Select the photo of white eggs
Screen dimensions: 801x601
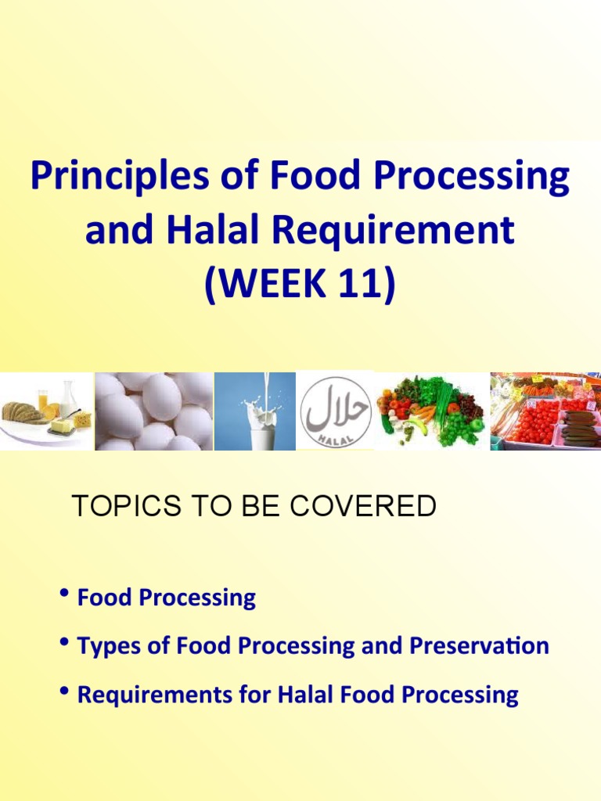tap(153, 411)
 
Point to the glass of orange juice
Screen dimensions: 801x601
tap(42, 402)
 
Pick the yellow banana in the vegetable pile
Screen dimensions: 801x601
tap(417, 427)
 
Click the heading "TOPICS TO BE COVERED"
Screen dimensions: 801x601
tap(254, 507)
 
